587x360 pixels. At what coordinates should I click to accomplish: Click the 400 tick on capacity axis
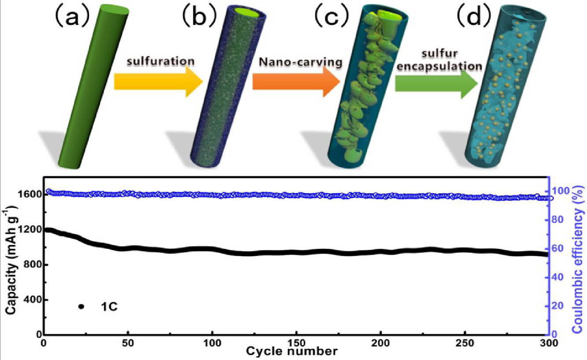(33, 300)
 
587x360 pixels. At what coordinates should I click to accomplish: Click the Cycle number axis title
(292, 352)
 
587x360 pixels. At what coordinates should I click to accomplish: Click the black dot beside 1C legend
(81, 306)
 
